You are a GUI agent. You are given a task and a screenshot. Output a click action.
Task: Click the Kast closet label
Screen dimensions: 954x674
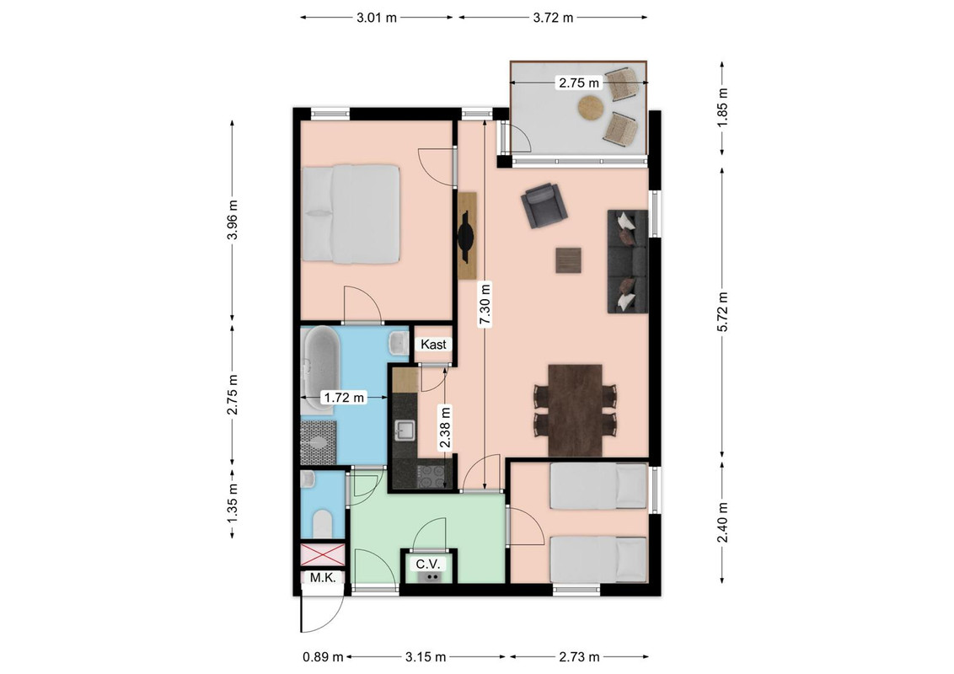433,345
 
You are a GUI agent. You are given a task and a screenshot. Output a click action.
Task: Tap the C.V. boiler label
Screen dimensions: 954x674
428,564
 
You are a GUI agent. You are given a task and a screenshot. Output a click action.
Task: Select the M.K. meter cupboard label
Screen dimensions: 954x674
323,577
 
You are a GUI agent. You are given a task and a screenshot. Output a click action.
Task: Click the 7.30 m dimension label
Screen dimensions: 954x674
485,305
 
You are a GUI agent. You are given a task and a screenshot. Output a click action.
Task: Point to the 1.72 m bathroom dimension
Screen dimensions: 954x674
345,398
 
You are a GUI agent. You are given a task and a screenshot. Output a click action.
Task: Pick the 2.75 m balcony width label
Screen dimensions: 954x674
579,83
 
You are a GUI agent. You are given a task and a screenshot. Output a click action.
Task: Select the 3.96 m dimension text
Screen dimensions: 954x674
232,219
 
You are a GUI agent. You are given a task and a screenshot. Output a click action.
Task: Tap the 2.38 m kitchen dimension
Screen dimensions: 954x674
445,427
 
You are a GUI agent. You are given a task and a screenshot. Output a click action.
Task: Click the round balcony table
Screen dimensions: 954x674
591,109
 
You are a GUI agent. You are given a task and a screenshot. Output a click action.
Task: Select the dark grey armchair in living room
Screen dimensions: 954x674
544,205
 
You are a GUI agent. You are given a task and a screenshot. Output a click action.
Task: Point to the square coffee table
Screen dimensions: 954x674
568,260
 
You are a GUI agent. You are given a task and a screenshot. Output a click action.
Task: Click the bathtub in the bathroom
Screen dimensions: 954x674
319,371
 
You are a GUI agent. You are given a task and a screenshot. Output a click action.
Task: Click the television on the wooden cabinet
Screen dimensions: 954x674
466,236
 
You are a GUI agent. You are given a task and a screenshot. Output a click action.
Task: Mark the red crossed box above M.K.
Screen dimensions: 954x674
323,554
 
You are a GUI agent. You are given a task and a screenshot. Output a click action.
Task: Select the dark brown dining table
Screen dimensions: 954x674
575,410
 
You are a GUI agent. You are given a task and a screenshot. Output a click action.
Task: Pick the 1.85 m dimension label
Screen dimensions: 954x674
722,108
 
